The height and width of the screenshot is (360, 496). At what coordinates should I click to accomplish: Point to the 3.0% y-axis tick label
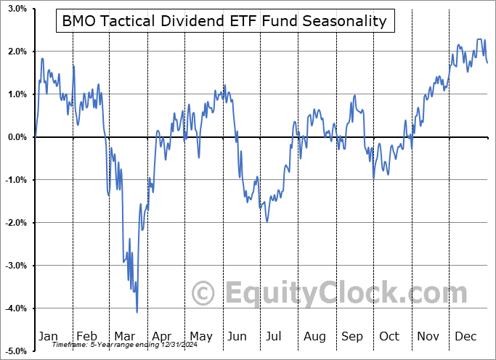click(x=17, y=9)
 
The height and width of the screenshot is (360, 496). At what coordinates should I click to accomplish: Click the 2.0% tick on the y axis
click(x=17, y=52)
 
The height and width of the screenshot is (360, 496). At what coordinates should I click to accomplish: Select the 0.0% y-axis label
click(x=17, y=137)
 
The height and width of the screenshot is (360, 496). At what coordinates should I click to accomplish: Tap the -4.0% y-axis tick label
click(x=15, y=308)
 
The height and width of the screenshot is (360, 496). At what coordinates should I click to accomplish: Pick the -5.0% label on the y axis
click(x=15, y=351)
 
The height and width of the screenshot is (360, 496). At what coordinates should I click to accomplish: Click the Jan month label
click(x=47, y=336)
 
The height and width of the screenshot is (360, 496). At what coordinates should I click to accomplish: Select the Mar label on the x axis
click(x=123, y=336)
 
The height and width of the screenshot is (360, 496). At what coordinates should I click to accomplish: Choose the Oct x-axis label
click(x=389, y=336)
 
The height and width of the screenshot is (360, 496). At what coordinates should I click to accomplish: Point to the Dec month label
click(x=465, y=336)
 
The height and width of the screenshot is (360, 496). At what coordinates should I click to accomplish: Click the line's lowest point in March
click(x=137, y=312)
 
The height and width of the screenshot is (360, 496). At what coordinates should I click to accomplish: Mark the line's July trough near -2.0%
click(x=267, y=221)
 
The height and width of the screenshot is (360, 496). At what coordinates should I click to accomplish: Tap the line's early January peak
click(x=42, y=59)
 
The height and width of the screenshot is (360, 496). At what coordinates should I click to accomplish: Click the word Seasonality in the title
click(x=345, y=21)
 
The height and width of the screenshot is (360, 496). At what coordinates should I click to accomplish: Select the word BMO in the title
click(x=78, y=21)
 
